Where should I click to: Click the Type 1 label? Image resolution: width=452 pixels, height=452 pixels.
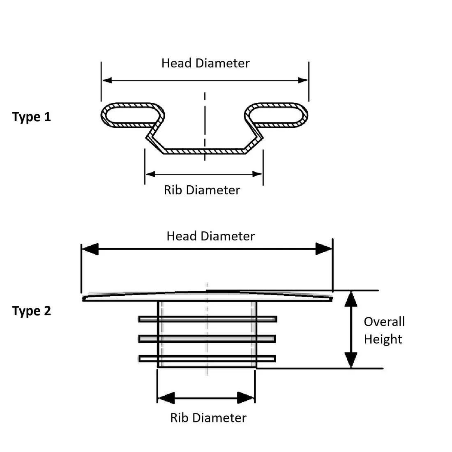click(x=31, y=117)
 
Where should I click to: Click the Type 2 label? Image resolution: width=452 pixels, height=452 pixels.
click(x=31, y=311)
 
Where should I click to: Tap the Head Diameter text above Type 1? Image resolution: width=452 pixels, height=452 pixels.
click(x=205, y=63)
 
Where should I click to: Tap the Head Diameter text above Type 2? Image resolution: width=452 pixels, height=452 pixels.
click(x=210, y=236)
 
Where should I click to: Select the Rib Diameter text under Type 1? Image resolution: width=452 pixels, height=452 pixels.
click(x=202, y=190)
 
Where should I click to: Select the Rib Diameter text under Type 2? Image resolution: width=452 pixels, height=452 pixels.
click(x=208, y=418)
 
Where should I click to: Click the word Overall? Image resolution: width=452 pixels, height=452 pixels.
click(x=384, y=322)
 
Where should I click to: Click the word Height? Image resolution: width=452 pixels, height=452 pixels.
click(x=383, y=339)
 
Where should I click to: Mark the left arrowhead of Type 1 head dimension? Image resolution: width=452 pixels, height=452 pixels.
click(x=107, y=80)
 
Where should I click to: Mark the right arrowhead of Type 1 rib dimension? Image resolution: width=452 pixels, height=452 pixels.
click(x=257, y=174)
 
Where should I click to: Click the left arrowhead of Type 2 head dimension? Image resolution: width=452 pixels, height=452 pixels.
click(x=90, y=249)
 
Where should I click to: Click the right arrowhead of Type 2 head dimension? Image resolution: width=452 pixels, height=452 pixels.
click(x=323, y=249)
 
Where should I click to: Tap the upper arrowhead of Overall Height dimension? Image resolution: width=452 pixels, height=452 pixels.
click(x=351, y=299)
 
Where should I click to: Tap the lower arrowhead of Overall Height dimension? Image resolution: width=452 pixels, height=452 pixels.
click(x=351, y=360)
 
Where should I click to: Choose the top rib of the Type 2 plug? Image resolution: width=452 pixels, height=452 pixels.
click(x=208, y=319)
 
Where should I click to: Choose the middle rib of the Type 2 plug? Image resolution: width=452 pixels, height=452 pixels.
click(x=207, y=339)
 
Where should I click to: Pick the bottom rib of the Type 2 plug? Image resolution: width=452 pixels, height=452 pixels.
click(x=207, y=359)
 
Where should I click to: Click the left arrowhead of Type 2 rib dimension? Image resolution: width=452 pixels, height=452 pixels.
click(x=166, y=398)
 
